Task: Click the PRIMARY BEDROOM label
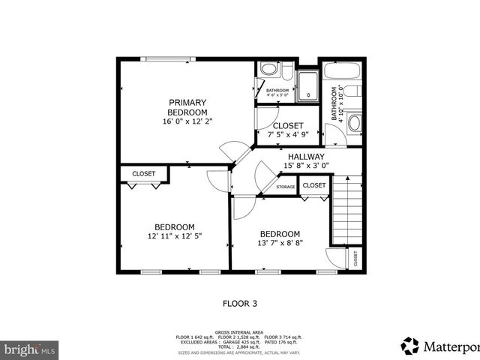(x=187, y=106)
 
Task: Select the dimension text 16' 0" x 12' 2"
(x=187, y=121)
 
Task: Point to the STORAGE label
(x=285, y=187)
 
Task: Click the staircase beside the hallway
(x=347, y=210)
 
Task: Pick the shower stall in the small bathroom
(x=307, y=86)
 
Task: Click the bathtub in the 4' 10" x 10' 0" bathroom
(x=343, y=73)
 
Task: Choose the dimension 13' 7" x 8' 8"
(x=280, y=243)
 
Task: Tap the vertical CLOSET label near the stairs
(x=355, y=258)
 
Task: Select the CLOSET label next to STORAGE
(x=314, y=185)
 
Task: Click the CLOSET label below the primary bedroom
(x=143, y=174)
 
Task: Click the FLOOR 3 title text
(x=239, y=304)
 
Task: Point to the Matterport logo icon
(x=410, y=346)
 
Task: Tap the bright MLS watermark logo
(x=29, y=349)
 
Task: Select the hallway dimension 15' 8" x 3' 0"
(x=306, y=166)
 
